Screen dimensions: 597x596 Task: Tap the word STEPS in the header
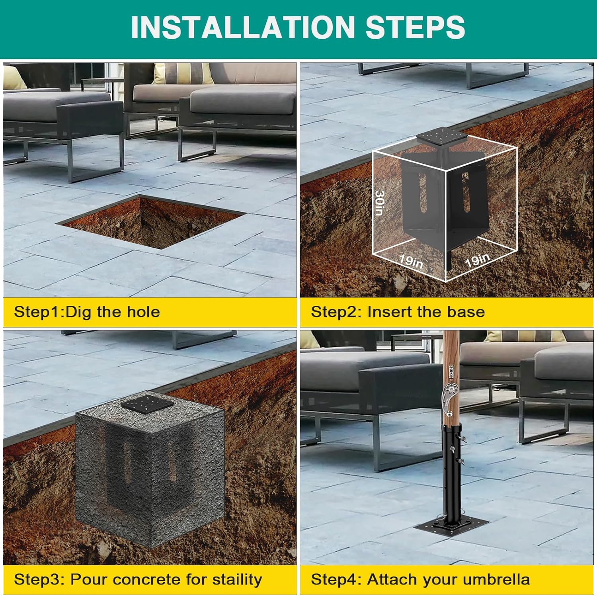click(415, 27)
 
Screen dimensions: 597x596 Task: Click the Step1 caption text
click(87, 312)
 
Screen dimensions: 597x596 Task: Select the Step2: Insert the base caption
click(398, 312)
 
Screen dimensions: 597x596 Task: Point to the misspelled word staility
click(237, 580)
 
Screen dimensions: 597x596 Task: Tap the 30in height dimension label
click(380, 202)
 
